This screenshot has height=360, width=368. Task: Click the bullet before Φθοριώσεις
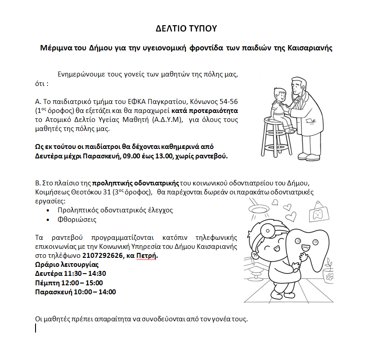(x=49, y=220)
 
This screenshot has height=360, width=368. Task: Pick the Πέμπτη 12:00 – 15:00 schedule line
(x=69, y=283)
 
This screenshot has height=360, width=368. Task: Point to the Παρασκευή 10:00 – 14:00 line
(x=75, y=292)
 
